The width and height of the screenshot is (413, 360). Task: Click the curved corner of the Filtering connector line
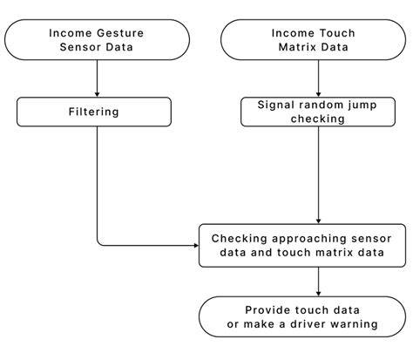click(99, 242)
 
